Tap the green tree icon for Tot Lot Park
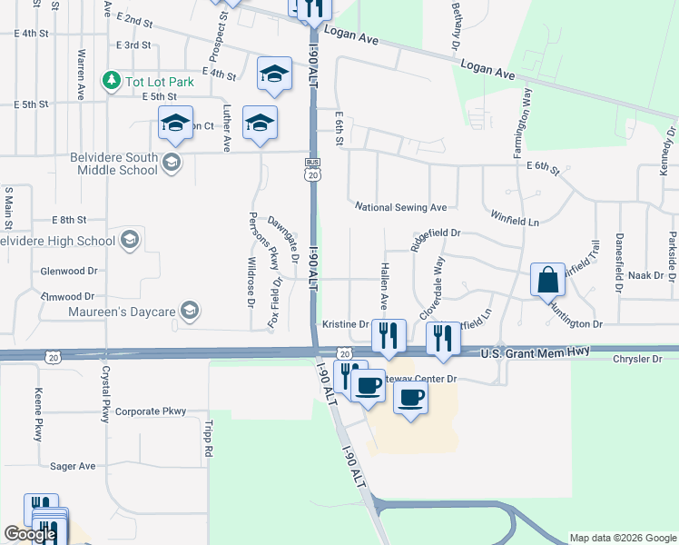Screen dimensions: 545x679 [112, 81]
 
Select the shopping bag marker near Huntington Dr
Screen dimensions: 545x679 [548, 281]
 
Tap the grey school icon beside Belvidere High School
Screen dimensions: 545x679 [130, 240]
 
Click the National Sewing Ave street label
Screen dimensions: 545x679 [400, 207]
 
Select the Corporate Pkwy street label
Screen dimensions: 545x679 [150, 411]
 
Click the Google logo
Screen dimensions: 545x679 [29, 534]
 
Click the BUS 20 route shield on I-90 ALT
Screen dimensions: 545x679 [311, 173]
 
